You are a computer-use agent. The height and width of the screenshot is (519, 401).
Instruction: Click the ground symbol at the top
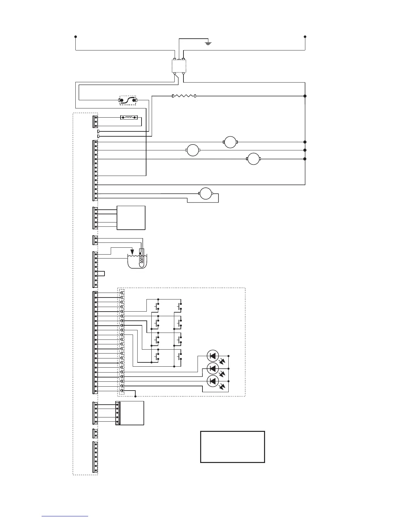tap(208, 43)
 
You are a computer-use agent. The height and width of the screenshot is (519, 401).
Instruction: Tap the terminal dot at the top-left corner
tap(76, 37)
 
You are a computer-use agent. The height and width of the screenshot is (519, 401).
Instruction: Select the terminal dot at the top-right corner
tap(305, 37)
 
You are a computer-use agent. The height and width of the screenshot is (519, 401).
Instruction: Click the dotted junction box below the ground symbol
tap(179, 66)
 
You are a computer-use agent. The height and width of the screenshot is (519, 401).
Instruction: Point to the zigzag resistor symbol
tap(184, 96)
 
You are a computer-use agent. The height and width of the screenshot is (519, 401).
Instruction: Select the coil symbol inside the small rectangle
tap(129, 117)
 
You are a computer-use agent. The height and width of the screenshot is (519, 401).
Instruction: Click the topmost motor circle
tap(230, 142)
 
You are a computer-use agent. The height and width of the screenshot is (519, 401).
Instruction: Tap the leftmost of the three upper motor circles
tap(193, 150)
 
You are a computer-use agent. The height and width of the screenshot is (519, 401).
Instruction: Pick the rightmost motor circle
tap(253, 159)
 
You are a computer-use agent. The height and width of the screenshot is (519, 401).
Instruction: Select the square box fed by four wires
tap(131, 218)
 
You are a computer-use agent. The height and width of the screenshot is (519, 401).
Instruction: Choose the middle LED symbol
tap(213, 368)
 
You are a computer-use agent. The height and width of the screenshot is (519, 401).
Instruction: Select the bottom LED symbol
tap(213, 381)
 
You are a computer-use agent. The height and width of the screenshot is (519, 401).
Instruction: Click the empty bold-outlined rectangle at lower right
tap(232, 447)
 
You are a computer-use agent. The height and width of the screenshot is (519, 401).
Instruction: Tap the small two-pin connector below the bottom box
tap(95, 433)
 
